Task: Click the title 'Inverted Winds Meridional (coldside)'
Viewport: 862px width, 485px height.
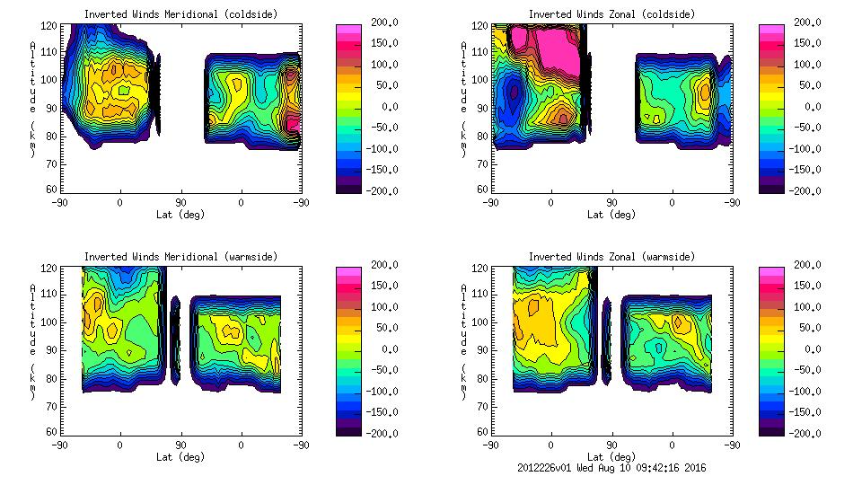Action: tap(180, 14)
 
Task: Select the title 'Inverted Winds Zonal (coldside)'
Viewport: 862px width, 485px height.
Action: tap(611, 14)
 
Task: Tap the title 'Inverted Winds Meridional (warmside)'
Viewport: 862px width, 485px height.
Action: tap(180, 257)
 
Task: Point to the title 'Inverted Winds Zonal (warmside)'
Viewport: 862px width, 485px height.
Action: tap(611, 257)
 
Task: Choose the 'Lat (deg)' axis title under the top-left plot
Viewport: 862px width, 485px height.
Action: tap(180, 215)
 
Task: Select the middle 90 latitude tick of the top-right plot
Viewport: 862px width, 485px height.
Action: tap(611, 202)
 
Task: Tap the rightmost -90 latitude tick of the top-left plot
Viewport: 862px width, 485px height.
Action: tap(300, 202)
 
